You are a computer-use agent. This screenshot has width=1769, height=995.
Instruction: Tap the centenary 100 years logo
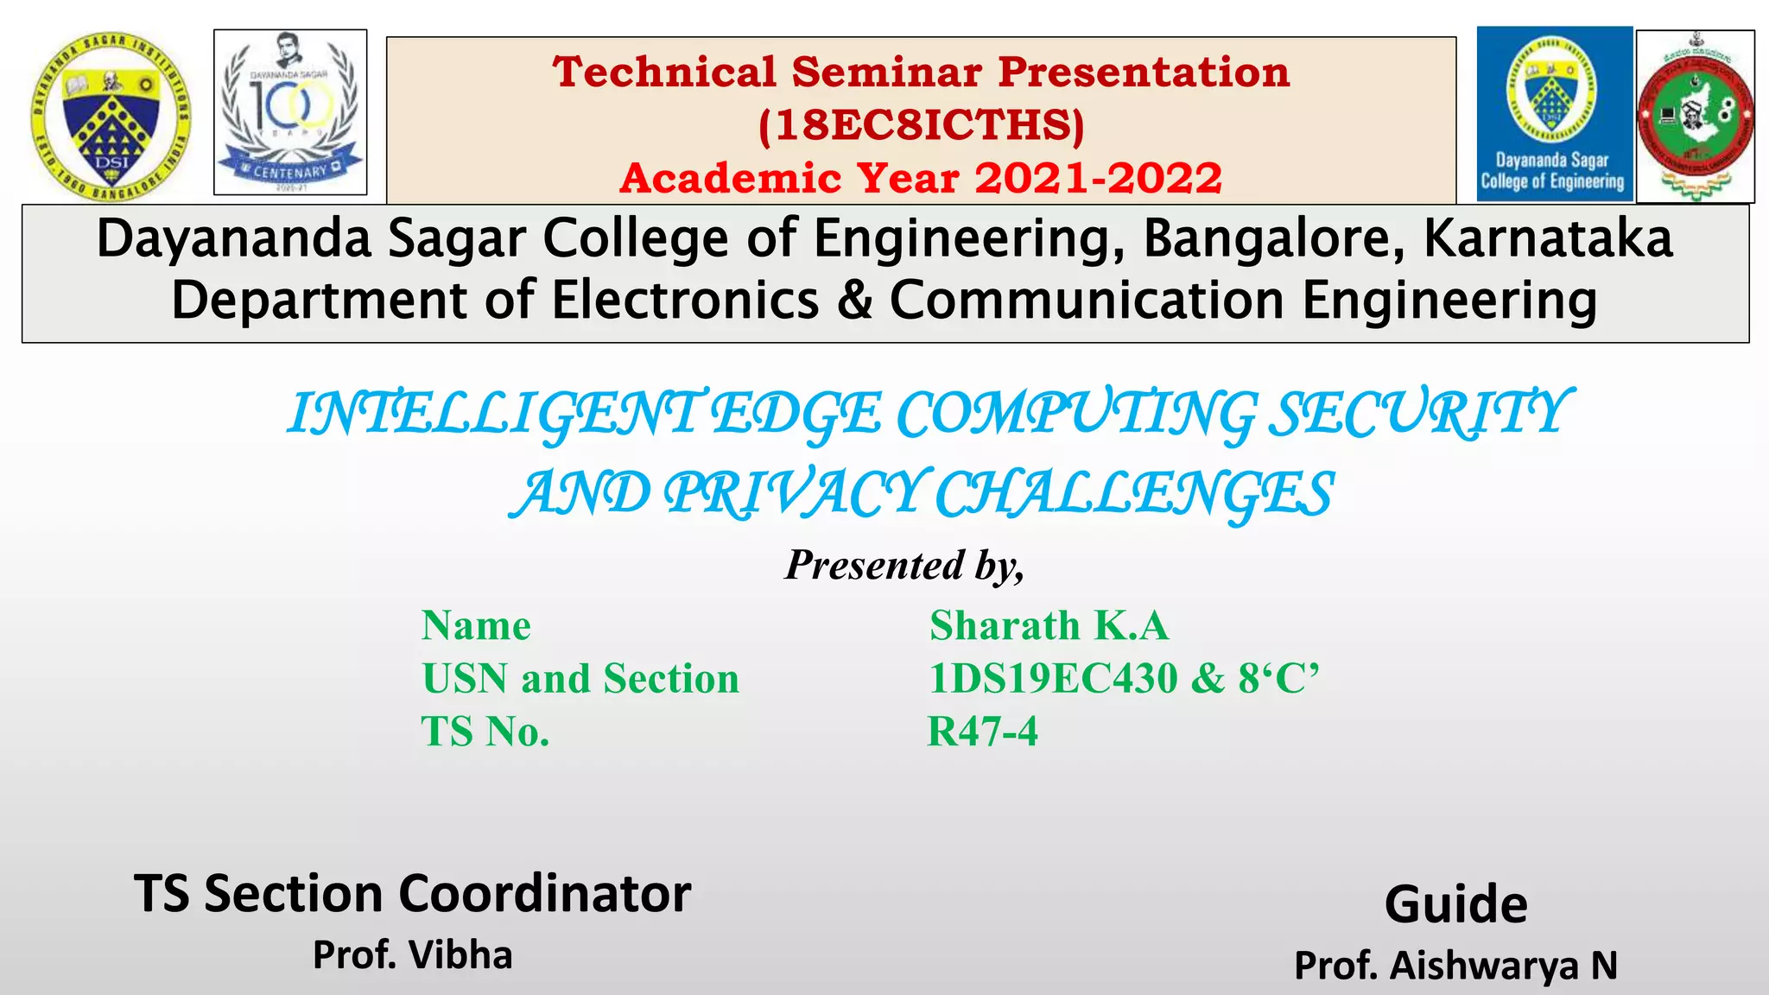point(290,112)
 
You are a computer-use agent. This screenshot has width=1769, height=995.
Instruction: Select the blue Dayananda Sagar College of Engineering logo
point(1554,113)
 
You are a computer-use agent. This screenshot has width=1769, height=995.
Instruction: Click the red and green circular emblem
point(1696,117)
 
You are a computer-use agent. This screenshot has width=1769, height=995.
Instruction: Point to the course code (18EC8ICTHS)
point(921,125)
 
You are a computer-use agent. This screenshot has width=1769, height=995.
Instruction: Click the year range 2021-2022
point(1099,179)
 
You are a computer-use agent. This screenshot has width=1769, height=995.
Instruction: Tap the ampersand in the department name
point(854,300)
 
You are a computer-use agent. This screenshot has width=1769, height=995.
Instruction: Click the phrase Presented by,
point(904,566)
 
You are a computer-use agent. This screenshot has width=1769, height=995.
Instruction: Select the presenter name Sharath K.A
point(1049,625)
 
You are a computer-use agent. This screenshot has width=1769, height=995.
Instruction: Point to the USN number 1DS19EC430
point(1053,679)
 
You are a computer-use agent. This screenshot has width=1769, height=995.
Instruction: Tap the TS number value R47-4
point(982,732)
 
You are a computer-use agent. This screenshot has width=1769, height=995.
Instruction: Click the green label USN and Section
point(580,679)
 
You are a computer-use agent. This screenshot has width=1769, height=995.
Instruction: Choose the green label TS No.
point(485,732)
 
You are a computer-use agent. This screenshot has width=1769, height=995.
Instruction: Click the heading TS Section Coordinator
point(413,893)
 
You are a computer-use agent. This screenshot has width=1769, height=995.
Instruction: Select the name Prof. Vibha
point(413,955)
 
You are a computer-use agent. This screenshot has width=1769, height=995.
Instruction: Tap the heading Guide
point(1456,904)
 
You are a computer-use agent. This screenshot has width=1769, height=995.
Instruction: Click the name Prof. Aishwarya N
point(1456,966)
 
